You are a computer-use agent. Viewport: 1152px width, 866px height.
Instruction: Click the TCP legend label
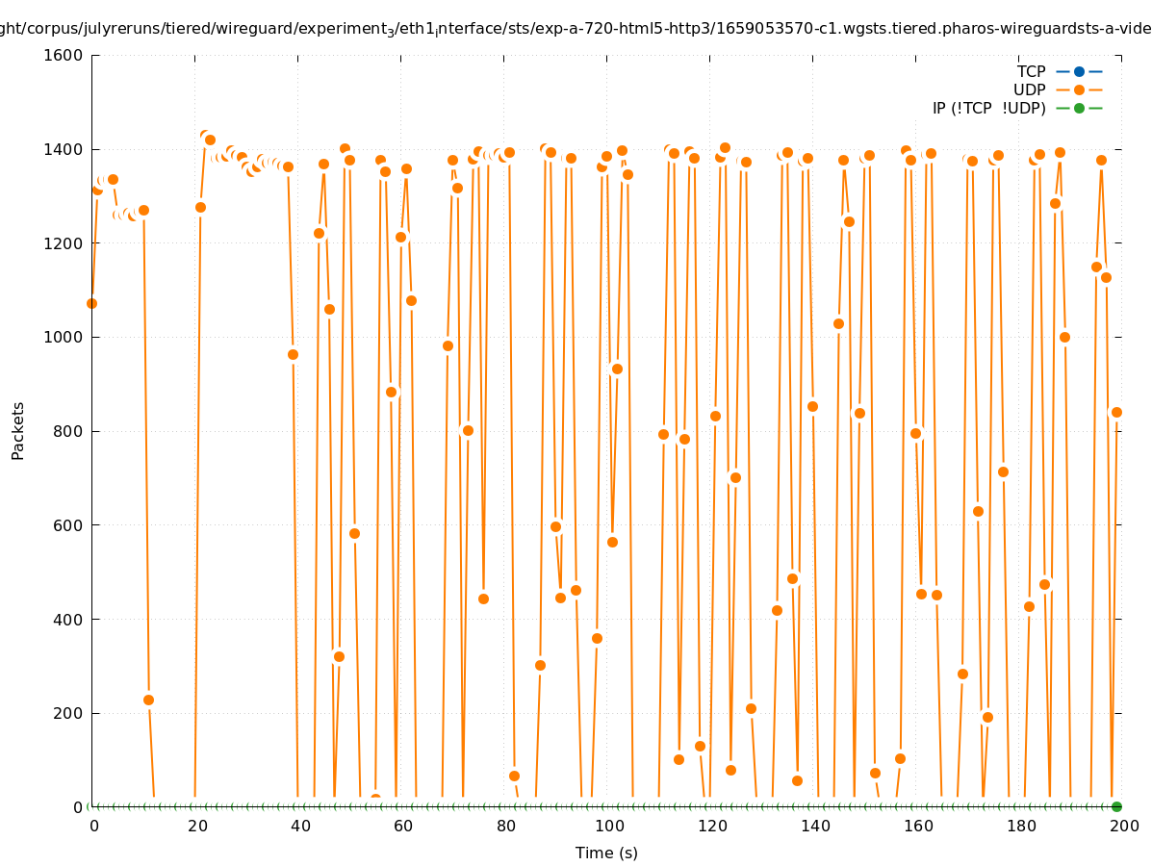click(x=1031, y=71)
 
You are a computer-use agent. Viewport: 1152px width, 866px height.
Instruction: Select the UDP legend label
click(x=1029, y=89)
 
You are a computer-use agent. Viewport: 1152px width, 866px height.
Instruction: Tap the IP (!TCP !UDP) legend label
click(x=988, y=108)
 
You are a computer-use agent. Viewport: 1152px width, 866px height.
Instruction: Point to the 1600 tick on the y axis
click(x=64, y=55)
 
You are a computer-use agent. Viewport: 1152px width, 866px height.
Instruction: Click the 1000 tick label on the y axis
click(x=64, y=337)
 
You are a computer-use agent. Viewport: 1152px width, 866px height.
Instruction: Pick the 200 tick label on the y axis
click(x=68, y=713)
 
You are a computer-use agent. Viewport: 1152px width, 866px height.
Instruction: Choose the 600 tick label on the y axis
click(x=68, y=525)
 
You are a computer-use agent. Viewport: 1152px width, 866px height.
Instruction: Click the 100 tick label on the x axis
click(x=608, y=826)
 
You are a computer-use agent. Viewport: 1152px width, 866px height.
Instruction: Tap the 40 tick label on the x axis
click(x=299, y=826)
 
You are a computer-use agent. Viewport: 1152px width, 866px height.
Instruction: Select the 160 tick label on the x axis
click(x=917, y=826)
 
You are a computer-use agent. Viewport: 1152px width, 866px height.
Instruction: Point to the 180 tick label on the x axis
click(x=1020, y=826)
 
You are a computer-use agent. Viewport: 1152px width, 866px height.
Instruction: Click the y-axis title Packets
click(x=18, y=430)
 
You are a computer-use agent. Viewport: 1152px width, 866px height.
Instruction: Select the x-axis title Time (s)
click(x=606, y=853)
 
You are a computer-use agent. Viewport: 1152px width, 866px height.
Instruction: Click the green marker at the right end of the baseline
click(x=1116, y=806)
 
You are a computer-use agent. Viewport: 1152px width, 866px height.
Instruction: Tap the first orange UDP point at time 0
click(x=91, y=303)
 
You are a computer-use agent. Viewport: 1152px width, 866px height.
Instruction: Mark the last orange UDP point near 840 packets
click(x=1116, y=412)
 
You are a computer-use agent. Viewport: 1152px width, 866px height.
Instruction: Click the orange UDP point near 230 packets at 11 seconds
click(x=148, y=700)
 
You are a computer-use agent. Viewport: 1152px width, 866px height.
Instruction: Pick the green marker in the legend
click(x=1079, y=108)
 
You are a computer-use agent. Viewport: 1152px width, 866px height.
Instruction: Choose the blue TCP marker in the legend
click(x=1079, y=71)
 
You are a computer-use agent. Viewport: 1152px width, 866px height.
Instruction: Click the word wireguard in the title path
click(x=244, y=28)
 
